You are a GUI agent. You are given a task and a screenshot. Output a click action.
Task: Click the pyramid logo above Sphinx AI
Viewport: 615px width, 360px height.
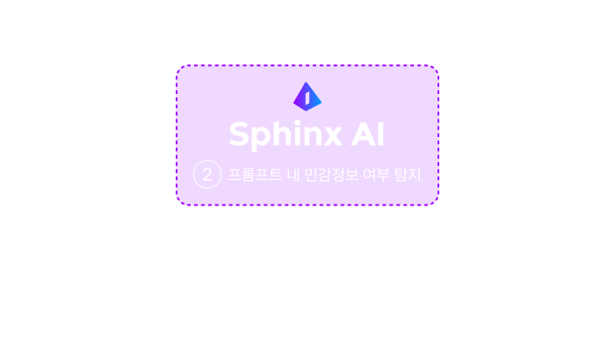pos(307,97)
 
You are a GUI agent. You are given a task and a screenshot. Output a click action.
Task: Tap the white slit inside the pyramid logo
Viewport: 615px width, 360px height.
pos(307,98)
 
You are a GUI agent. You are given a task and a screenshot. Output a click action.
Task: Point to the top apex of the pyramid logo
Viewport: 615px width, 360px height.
pos(306,83)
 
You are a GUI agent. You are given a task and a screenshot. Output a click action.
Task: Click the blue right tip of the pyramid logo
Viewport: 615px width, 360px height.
pos(321,102)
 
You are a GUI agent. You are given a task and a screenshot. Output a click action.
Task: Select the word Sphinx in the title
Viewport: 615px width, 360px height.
pos(286,135)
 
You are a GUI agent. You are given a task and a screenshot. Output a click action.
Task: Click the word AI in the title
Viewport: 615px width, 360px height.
pos(367,135)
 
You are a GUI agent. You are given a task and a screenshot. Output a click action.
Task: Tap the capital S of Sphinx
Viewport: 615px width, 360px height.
pos(240,134)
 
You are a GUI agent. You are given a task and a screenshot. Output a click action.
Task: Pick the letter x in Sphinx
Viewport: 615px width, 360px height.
pos(330,137)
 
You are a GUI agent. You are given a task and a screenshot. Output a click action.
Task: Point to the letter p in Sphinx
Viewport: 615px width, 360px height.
pos(262,140)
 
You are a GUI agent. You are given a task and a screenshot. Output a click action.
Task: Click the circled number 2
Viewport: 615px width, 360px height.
pos(207,174)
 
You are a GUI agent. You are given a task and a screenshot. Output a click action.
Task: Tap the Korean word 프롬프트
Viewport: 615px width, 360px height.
pos(255,175)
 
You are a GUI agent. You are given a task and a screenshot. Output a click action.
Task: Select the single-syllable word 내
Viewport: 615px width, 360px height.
pos(293,175)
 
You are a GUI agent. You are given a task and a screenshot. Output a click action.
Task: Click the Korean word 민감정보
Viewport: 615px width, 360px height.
pos(331,175)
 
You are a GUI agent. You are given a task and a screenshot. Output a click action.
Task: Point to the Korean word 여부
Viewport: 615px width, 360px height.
pos(377,175)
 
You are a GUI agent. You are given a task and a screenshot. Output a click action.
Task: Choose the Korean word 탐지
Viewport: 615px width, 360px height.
pos(408,175)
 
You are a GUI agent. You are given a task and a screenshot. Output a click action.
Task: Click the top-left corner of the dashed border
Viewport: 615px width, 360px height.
pos(177,66)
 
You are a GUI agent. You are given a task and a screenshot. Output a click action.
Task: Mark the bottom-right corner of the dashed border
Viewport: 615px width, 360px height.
pos(438,205)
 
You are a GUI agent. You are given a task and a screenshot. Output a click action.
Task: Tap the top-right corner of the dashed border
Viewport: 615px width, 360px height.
pos(438,66)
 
